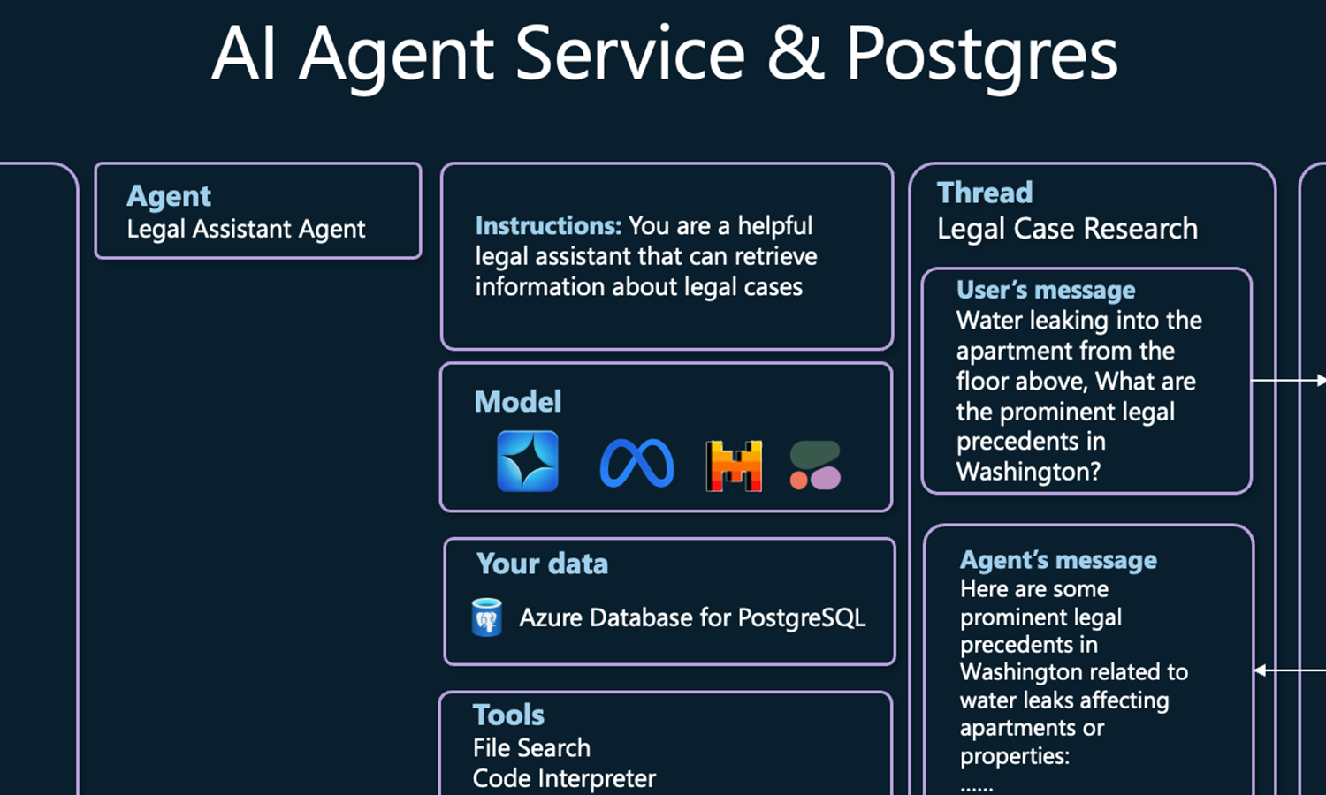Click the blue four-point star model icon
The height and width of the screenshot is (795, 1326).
(528, 461)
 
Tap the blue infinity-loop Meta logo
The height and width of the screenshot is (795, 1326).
(636, 464)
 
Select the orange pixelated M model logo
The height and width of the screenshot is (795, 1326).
(734, 466)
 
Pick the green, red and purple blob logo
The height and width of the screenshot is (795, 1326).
(815, 466)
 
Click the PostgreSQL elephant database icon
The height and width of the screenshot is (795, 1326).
(486, 617)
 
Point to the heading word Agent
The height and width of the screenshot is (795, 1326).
(169, 195)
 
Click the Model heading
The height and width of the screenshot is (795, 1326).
(518, 402)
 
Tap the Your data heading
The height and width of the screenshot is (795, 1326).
(542, 564)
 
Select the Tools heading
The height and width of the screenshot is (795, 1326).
(508, 715)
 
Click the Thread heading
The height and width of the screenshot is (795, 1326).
(985, 193)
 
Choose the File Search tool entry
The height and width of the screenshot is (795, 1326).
(531, 748)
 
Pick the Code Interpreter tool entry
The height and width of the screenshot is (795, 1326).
(564, 779)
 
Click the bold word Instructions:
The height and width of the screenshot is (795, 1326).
(548, 226)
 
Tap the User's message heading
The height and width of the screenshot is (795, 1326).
(1046, 290)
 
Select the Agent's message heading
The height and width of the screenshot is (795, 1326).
(1058, 560)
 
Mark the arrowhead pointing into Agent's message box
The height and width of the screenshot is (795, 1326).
(1261, 670)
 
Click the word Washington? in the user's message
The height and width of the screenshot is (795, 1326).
(1028, 472)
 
